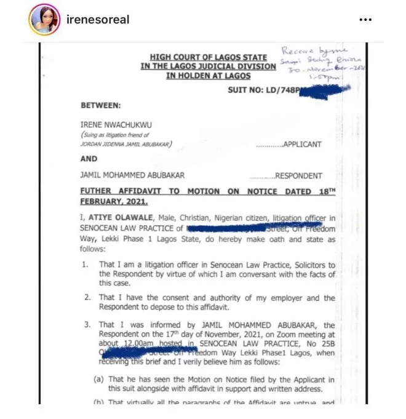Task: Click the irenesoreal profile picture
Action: coord(44,19)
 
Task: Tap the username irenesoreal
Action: coord(97,20)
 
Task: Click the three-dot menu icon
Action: coord(365,20)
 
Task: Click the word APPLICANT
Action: coord(301,145)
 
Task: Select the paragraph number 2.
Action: coord(87,298)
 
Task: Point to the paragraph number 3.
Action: coord(87,325)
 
